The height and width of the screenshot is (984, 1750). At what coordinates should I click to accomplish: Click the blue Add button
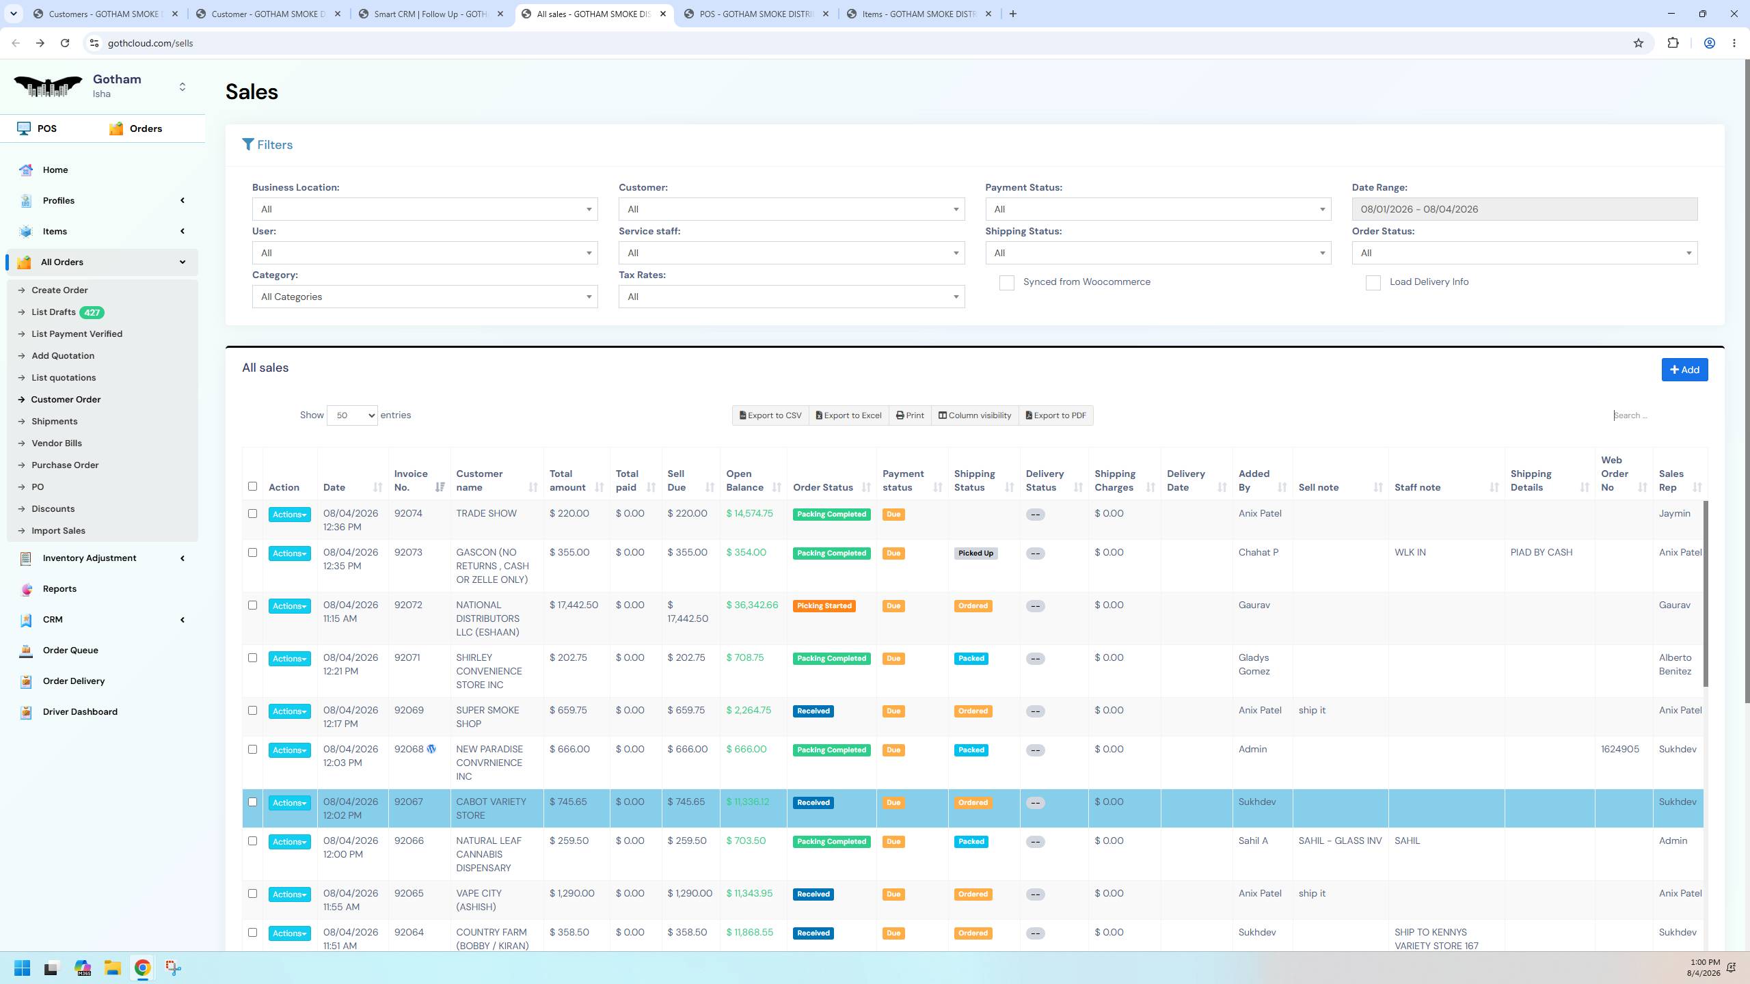click(1684, 370)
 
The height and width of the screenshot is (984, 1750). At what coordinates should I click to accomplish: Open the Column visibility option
click(975, 415)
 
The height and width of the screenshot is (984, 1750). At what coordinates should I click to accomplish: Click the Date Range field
click(1524, 209)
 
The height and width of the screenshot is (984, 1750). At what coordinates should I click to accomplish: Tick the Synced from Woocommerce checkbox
click(1006, 283)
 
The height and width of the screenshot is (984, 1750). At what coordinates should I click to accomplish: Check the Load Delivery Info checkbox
click(1373, 283)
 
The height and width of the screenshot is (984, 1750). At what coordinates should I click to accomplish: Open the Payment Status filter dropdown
click(1158, 209)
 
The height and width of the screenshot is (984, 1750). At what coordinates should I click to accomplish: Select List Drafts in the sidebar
click(53, 312)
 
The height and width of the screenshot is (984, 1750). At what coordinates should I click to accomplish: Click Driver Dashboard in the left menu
click(80, 712)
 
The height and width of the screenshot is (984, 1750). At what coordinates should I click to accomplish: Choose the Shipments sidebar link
click(55, 422)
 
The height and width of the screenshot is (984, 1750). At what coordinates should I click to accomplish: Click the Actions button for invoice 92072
click(289, 606)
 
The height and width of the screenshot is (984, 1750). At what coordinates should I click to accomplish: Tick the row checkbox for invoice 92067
click(252, 802)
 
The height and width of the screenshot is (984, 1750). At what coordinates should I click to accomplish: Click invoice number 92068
click(409, 750)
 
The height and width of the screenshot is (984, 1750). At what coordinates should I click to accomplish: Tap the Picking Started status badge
click(824, 606)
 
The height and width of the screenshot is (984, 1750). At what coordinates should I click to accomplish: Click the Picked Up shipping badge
click(975, 553)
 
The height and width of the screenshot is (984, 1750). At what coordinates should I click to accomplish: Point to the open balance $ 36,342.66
click(752, 605)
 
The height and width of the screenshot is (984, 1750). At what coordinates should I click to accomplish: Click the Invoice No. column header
click(411, 480)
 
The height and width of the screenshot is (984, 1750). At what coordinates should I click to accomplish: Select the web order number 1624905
click(1620, 750)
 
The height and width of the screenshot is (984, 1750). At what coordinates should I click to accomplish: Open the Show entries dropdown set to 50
click(352, 415)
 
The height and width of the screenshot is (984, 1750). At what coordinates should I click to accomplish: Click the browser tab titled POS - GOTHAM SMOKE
click(756, 14)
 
